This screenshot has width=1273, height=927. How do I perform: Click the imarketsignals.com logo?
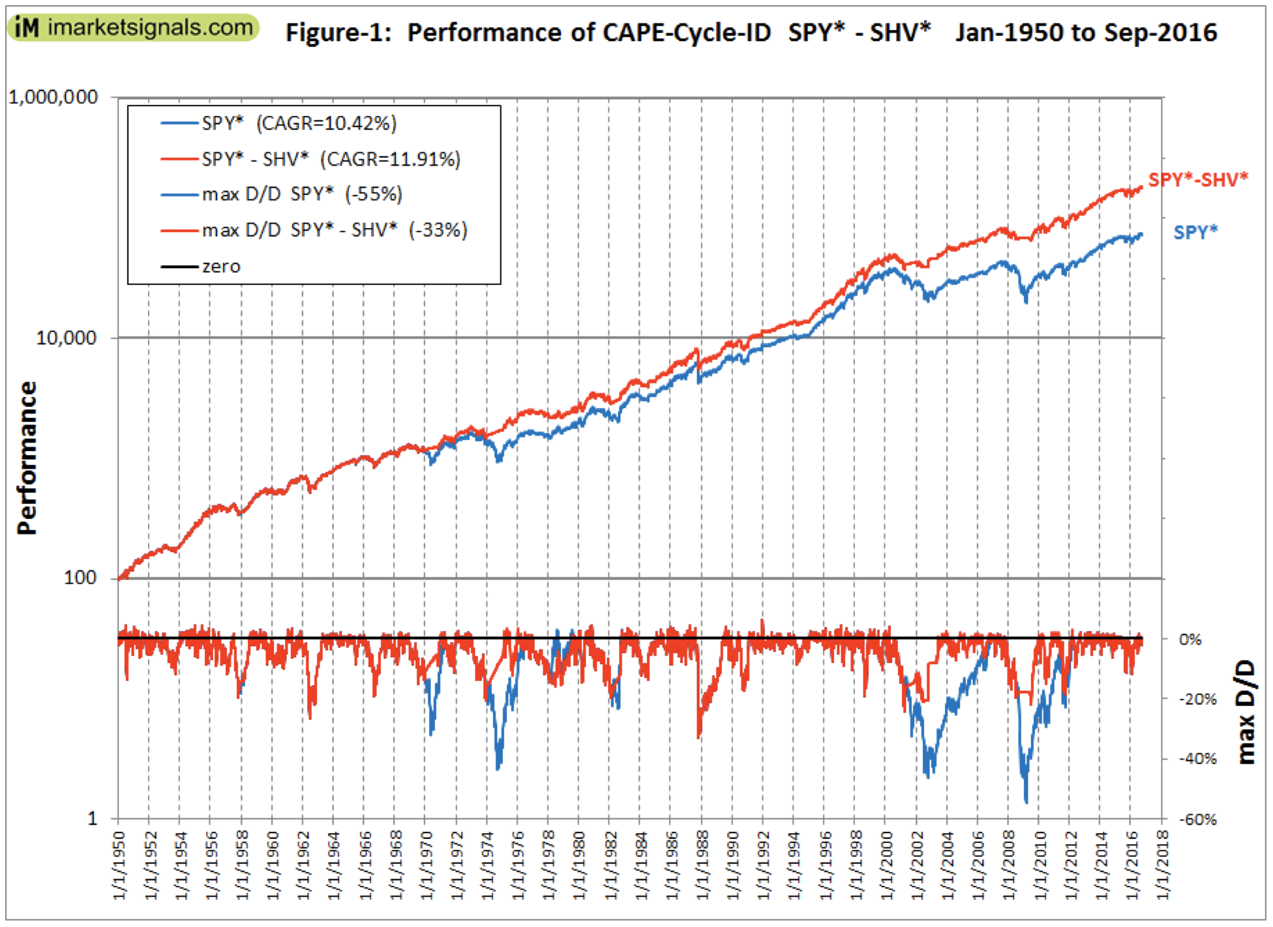point(134,27)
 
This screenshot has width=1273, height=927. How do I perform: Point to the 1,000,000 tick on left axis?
point(53,98)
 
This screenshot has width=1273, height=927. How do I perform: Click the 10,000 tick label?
point(66,338)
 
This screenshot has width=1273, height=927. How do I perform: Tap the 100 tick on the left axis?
point(80,578)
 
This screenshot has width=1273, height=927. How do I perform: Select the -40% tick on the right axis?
point(1197,759)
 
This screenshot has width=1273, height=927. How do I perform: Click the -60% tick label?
point(1197,819)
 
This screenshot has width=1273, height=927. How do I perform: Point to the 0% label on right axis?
point(1190,640)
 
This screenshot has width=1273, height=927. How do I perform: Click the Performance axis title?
point(27,458)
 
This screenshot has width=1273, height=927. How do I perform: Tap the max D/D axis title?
point(1246,712)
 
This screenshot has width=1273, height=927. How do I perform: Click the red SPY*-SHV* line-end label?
point(1197,180)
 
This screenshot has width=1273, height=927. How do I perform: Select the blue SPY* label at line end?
point(1195,232)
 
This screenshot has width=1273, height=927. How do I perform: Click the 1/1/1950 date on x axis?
point(119,865)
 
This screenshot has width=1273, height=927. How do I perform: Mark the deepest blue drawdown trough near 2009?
point(1026,801)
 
